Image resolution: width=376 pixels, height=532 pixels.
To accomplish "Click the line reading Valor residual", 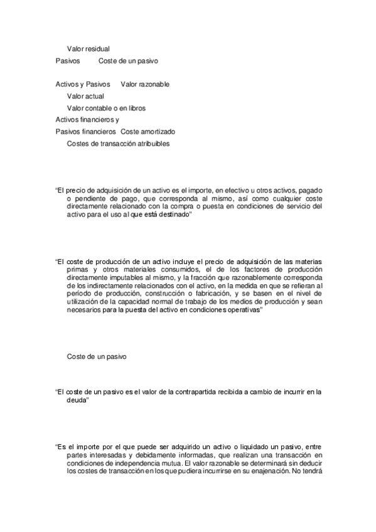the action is click(x=88, y=48).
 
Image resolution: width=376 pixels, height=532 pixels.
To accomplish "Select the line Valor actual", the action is click(x=85, y=96).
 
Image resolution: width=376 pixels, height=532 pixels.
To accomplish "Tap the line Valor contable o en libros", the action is click(x=106, y=108).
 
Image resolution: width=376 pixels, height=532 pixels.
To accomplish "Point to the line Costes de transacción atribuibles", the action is click(x=118, y=144).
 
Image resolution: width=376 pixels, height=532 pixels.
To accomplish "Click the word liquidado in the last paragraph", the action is click(x=236, y=447).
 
